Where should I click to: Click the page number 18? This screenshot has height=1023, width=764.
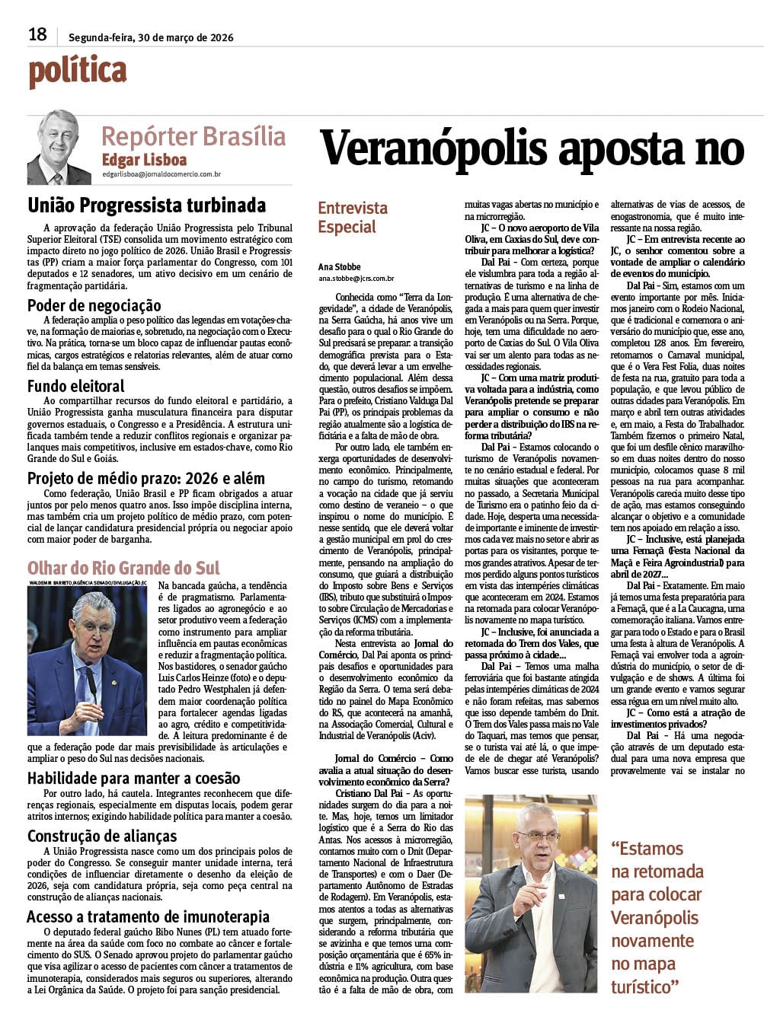pos(37,34)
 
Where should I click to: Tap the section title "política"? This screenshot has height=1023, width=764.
pos(78,71)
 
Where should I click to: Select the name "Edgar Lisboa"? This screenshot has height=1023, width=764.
pos(144,160)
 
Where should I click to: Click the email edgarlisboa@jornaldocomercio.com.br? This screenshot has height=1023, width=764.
pos(161,174)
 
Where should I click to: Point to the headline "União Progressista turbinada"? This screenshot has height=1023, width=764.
pos(147,206)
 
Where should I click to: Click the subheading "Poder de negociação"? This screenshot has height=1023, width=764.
pos(94,305)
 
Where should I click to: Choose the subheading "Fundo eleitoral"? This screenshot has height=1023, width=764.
pos(76,386)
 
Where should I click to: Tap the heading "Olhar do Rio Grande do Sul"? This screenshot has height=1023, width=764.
pos(123,568)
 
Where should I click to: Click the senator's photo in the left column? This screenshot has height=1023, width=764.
pos(88,659)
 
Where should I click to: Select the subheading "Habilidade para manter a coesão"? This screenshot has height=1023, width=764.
pos(134,778)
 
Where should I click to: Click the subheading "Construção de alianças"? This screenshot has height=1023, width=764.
pos(102,836)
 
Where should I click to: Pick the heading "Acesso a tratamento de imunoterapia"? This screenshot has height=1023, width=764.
pos(149,916)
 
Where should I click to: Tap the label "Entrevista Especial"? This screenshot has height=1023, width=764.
pos(352,217)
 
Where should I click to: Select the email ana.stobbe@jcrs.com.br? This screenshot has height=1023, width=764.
pos(356,279)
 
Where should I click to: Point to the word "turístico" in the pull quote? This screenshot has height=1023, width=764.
pos(644,986)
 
